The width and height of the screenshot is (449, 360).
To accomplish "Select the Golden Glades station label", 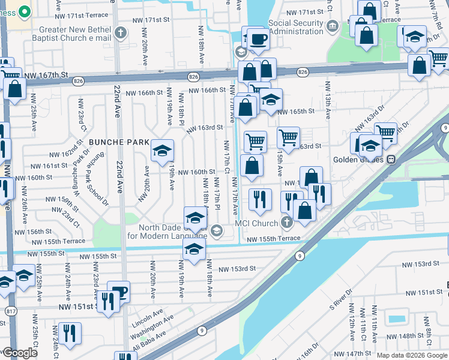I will click(359, 160).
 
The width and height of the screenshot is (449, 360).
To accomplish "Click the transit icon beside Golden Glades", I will click(391, 160).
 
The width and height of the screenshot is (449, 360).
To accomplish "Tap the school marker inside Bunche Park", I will click(162, 151).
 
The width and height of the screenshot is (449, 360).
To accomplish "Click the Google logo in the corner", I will click(19, 353).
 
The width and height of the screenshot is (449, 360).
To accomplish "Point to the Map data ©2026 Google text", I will click(412, 355).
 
